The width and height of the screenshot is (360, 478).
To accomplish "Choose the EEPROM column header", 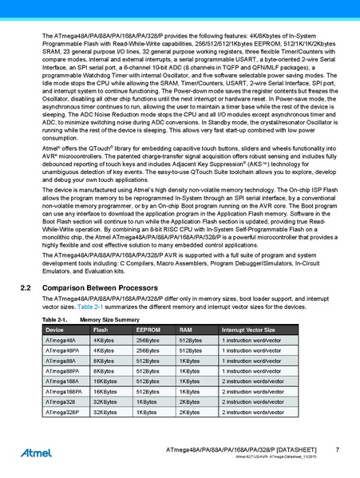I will pos(148,351).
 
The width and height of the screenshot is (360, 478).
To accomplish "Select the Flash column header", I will pos(101,351).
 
